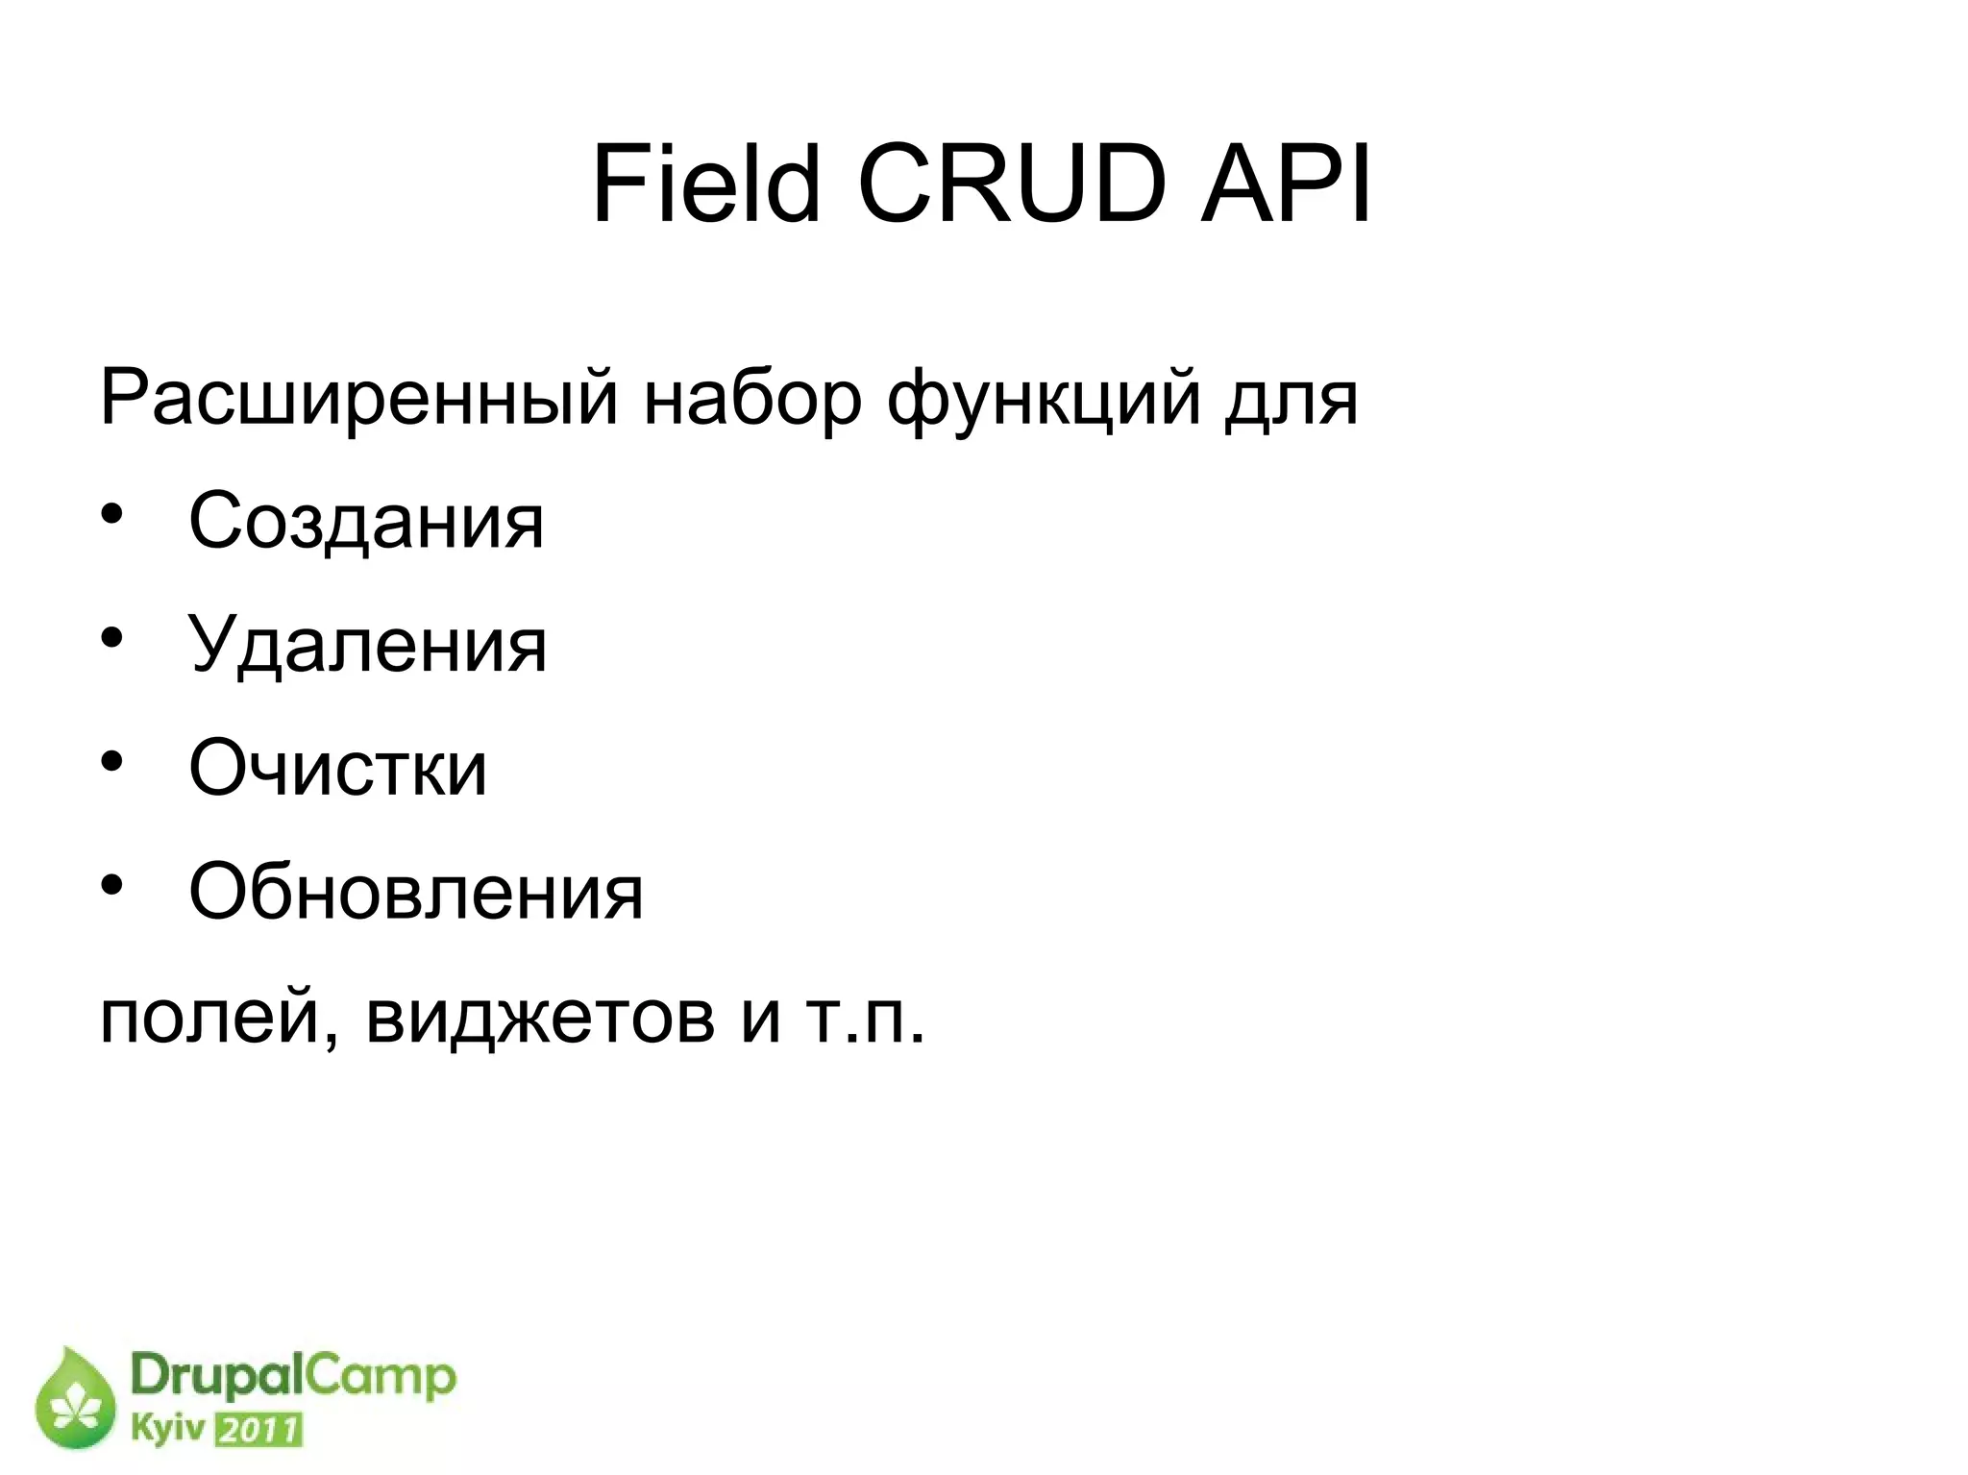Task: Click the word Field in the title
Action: click(706, 184)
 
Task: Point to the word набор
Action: click(752, 397)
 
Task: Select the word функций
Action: click(1044, 397)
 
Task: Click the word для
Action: click(1291, 397)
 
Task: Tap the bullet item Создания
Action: click(366, 521)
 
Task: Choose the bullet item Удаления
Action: click(367, 645)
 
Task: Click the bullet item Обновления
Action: click(415, 892)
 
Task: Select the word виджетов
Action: click(540, 1018)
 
